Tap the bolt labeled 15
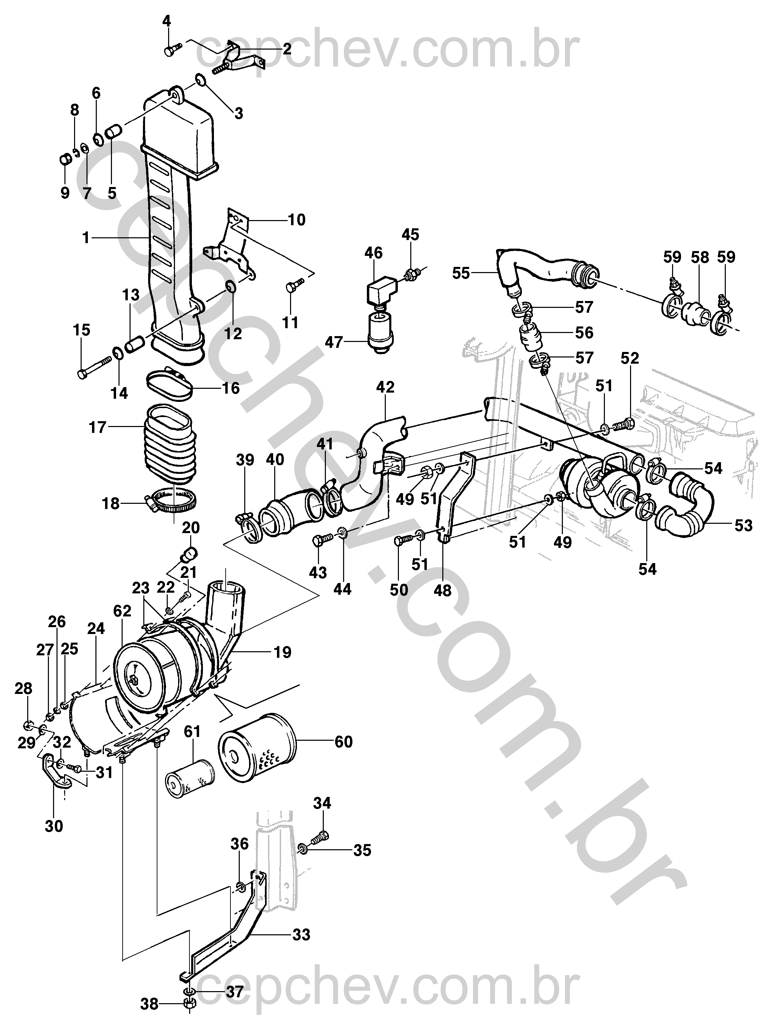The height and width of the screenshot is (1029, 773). tap(93, 367)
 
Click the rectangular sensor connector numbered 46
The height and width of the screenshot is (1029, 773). tap(381, 291)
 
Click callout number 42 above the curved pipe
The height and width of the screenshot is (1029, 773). tap(385, 387)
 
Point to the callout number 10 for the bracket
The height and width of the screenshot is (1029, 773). tap(297, 220)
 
